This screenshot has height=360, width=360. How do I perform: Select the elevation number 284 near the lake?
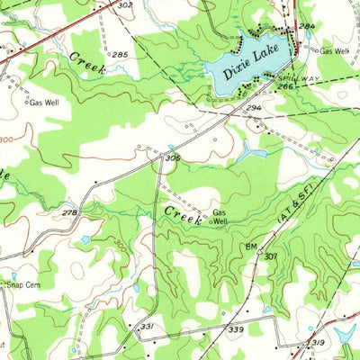tap(307, 27)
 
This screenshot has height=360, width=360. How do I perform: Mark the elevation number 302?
tap(124, 5)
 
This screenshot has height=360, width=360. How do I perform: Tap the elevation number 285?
tap(120, 55)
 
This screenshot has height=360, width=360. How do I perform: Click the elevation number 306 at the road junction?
tap(172, 157)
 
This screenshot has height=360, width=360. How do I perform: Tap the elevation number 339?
tap(237, 331)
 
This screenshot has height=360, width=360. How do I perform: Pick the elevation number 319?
tap(317, 343)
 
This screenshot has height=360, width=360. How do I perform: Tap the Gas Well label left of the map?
tap(43, 103)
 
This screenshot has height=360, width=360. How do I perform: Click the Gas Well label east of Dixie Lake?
tap(334, 51)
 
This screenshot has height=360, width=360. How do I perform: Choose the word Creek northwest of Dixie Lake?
tap(87, 62)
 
